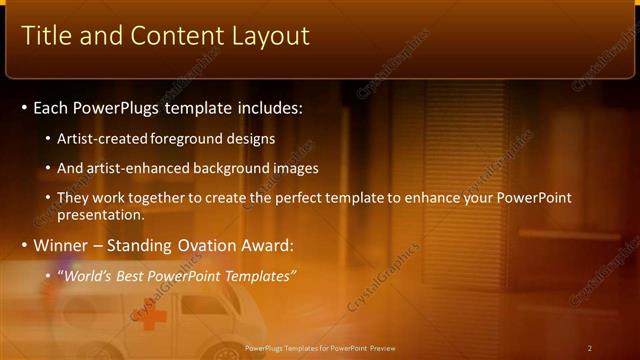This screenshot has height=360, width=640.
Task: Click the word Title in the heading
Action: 47,36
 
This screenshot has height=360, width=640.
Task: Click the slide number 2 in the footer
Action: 590,348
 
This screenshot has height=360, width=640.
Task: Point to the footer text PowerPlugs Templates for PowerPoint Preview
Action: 320,348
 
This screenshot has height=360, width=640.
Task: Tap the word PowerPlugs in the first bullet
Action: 118,106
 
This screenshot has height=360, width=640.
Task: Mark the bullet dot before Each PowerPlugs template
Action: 25,107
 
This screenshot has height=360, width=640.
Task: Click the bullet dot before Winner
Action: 25,246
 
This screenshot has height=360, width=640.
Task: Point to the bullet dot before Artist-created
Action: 50,139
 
